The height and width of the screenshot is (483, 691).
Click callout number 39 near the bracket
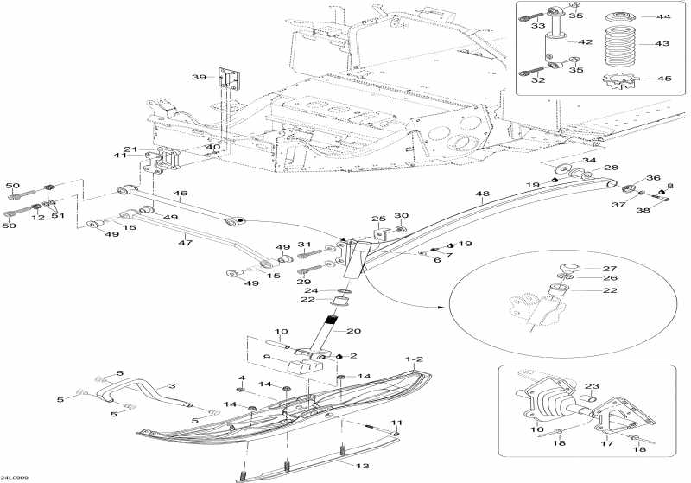click(198, 77)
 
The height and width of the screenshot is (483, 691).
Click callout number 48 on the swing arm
click(482, 194)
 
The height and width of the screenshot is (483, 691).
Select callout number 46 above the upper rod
click(181, 194)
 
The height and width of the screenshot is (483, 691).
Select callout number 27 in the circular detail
click(610, 269)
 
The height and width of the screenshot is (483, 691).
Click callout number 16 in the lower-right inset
click(538, 429)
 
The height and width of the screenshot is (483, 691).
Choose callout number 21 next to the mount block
click(130, 149)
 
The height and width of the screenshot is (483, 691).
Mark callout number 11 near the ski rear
click(396, 422)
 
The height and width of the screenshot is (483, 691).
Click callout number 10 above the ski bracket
click(282, 332)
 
